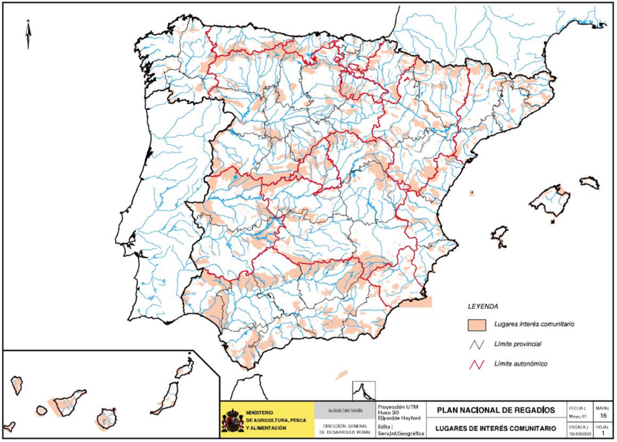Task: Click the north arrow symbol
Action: point(28,34)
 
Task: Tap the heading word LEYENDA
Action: point(483,306)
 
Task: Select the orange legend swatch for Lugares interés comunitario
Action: point(477,324)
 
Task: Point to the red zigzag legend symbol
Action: point(477,364)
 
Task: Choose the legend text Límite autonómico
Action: point(520,364)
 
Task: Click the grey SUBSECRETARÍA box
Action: point(345,411)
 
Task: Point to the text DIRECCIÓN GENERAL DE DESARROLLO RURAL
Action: point(345,429)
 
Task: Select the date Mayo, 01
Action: point(577,416)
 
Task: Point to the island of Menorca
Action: point(590,182)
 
